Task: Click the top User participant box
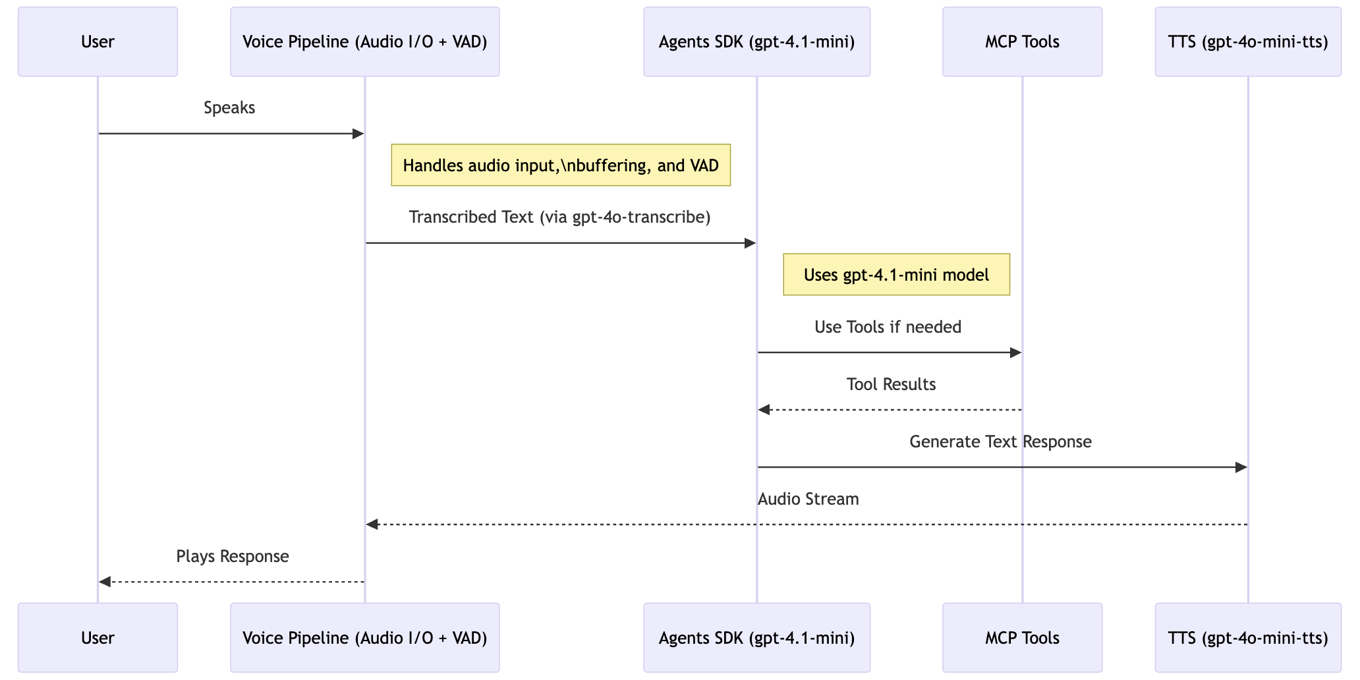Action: click(98, 42)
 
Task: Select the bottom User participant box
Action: click(98, 637)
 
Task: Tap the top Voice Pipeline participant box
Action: click(364, 42)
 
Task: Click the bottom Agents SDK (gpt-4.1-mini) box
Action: click(756, 637)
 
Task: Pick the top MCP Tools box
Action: click(1022, 42)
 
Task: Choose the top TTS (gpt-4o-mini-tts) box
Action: click(1247, 42)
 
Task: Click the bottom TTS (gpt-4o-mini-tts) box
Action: click(1247, 637)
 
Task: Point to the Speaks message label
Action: click(229, 107)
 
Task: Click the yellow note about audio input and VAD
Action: click(561, 165)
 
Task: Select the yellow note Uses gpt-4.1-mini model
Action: click(896, 274)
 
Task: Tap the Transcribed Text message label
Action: click(559, 217)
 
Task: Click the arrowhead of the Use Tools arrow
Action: click(1015, 353)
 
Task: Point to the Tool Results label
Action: click(891, 384)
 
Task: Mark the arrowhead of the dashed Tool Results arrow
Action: click(764, 410)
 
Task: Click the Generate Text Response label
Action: click(1000, 441)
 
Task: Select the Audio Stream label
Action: click(808, 499)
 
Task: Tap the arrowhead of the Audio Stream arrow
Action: click(372, 524)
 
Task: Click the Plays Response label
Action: click(233, 556)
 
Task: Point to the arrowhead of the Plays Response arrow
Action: click(104, 582)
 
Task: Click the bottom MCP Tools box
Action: click(1022, 637)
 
